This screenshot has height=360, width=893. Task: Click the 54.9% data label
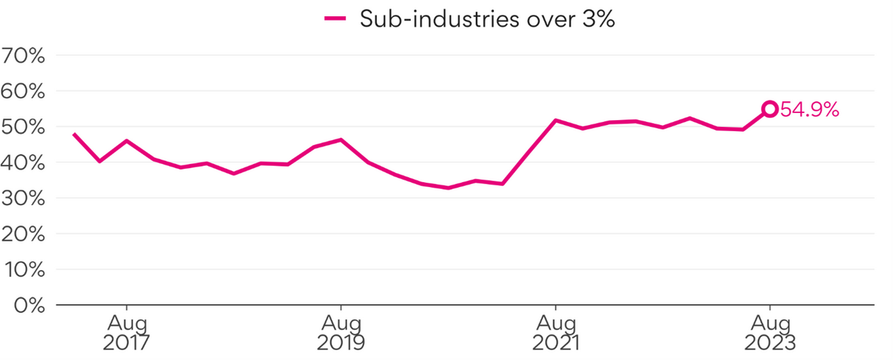(x=809, y=110)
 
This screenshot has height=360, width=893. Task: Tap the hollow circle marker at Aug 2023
(x=770, y=108)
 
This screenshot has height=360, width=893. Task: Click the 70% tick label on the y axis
(x=24, y=55)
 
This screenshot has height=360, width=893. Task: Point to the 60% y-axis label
(x=24, y=91)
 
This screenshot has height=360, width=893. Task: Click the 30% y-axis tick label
(x=24, y=198)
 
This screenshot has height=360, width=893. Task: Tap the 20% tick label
(x=24, y=234)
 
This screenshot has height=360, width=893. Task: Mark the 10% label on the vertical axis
(x=24, y=269)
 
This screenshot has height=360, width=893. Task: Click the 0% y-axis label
(x=28, y=305)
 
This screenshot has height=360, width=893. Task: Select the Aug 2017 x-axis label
(x=126, y=333)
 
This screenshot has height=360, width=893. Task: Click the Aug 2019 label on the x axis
(x=340, y=333)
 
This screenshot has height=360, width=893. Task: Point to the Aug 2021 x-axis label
(x=555, y=333)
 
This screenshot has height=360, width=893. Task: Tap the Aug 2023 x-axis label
(x=770, y=333)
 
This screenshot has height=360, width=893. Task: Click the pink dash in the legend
(x=336, y=19)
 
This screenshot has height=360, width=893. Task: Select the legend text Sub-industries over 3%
(x=487, y=19)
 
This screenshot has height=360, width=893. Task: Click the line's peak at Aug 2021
(x=555, y=120)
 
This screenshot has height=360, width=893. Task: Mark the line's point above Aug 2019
(x=340, y=140)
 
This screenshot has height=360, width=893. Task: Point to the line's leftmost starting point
(x=73, y=133)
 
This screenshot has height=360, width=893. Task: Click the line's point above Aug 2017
(x=126, y=140)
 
